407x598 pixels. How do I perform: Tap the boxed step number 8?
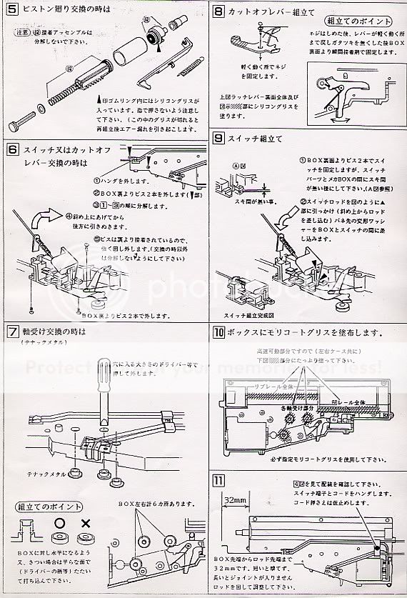point(219,11)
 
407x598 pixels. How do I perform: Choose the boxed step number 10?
point(219,332)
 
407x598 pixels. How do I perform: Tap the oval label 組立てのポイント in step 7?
point(44,507)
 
